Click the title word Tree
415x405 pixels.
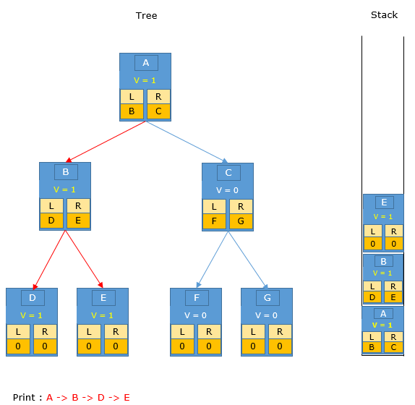coord(146,16)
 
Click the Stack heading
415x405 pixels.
coord(384,14)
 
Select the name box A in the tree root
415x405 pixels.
coord(146,63)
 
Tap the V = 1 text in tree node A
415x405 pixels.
coord(145,80)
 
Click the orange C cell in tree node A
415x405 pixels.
coord(158,111)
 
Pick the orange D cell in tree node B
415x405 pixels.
coord(51,221)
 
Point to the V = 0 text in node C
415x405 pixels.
coord(227,190)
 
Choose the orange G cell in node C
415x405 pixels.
coord(241,221)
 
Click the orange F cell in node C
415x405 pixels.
coord(214,221)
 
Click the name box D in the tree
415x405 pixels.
coord(33,298)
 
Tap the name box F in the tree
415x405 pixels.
coord(197,298)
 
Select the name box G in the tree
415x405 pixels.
coord(268,298)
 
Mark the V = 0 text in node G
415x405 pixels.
coord(266,315)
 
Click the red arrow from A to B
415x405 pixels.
coord(106,142)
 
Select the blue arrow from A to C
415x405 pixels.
coord(187,142)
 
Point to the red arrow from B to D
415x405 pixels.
coord(49,260)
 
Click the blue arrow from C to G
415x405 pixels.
coord(248,260)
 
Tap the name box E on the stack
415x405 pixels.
coord(385,202)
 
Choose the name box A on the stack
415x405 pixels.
coord(383,314)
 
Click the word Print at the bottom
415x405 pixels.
coord(24,397)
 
